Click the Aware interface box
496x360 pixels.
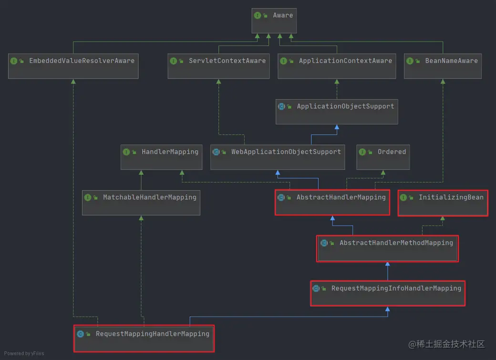(x=274, y=21)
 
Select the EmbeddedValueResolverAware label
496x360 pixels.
(x=82, y=61)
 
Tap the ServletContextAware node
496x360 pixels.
(x=218, y=66)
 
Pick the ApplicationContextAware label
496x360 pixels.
(x=345, y=61)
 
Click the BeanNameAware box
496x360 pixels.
(x=443, y=66)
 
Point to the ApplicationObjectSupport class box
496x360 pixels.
(x=337, y=112)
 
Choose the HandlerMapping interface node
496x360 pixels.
(x=161, y=157)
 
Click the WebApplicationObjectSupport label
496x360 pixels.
(x=286, y=152)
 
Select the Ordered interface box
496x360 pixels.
(x=383, y=157)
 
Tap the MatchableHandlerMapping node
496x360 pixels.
(x=141, y=203)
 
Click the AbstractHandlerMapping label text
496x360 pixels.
(x=341, y=197)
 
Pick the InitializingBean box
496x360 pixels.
(x=443, y=203)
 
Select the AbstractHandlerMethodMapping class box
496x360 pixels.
(x=387, y=248)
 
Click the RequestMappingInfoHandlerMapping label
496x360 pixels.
(x=396, y=288)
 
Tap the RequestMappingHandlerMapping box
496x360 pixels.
(x=144, y=339)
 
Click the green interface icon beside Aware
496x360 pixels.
(x=258, y=15)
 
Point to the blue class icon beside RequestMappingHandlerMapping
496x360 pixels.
(x=80, y=334)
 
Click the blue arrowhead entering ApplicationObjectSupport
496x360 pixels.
(x=337, y=127)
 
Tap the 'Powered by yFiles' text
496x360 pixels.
(x=24, y=353)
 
